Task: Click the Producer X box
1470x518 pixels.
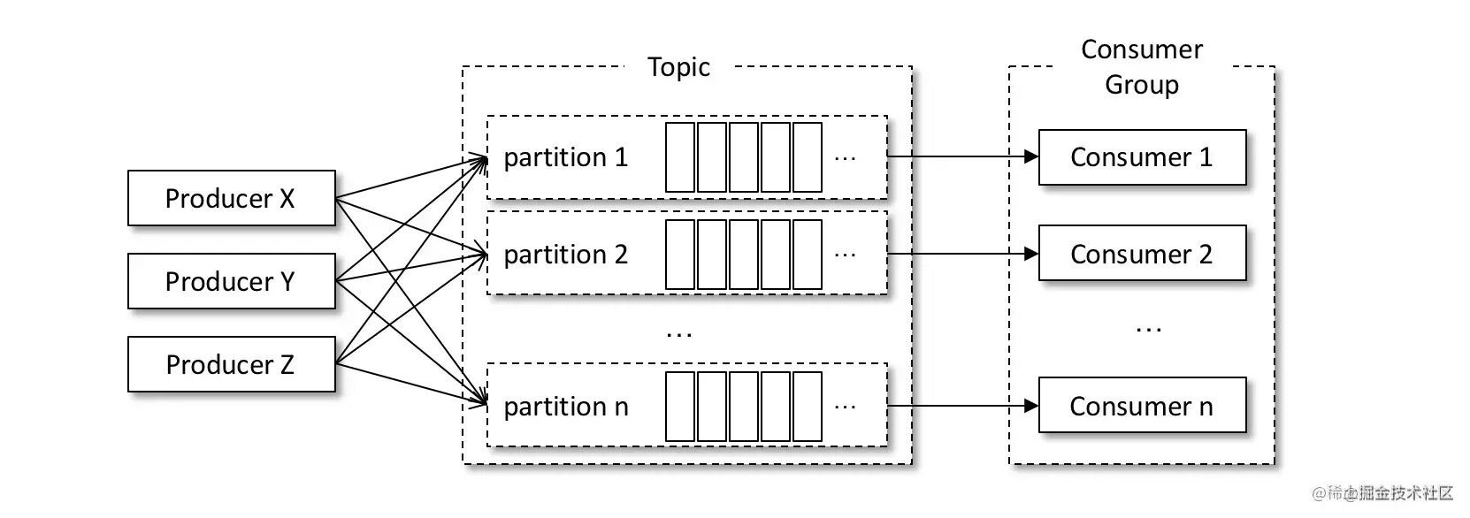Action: coord(232,198)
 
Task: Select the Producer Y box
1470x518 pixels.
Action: coord(232,281)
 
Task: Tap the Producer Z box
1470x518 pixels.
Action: coord(232,364)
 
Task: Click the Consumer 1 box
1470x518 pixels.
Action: coord(1142,157)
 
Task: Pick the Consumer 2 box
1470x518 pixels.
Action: coord(1142,253)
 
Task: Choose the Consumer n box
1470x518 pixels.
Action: coord(1142,405)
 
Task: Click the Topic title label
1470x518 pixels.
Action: coord(678,67)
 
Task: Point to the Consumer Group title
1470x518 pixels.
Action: coord(1142,67)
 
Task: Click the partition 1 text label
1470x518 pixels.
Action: coord(566,157)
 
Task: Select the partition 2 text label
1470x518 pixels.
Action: coord(566,255)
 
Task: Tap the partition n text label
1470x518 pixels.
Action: coord(566,407)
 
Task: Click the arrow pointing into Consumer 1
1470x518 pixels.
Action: coord(962,156)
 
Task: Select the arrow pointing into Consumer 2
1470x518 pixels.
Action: coord(962,254)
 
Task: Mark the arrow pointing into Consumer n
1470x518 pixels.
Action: coord(962,406)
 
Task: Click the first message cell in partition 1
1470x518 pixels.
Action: coord(680,157)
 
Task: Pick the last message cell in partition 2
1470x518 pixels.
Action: coord(808,255)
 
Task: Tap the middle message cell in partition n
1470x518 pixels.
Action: coord(744,407)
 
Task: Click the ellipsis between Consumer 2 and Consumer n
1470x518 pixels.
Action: coord(1148,330)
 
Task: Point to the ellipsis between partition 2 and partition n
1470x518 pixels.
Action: coord(678,335)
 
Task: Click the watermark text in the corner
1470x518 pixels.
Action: coord(1382,493)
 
